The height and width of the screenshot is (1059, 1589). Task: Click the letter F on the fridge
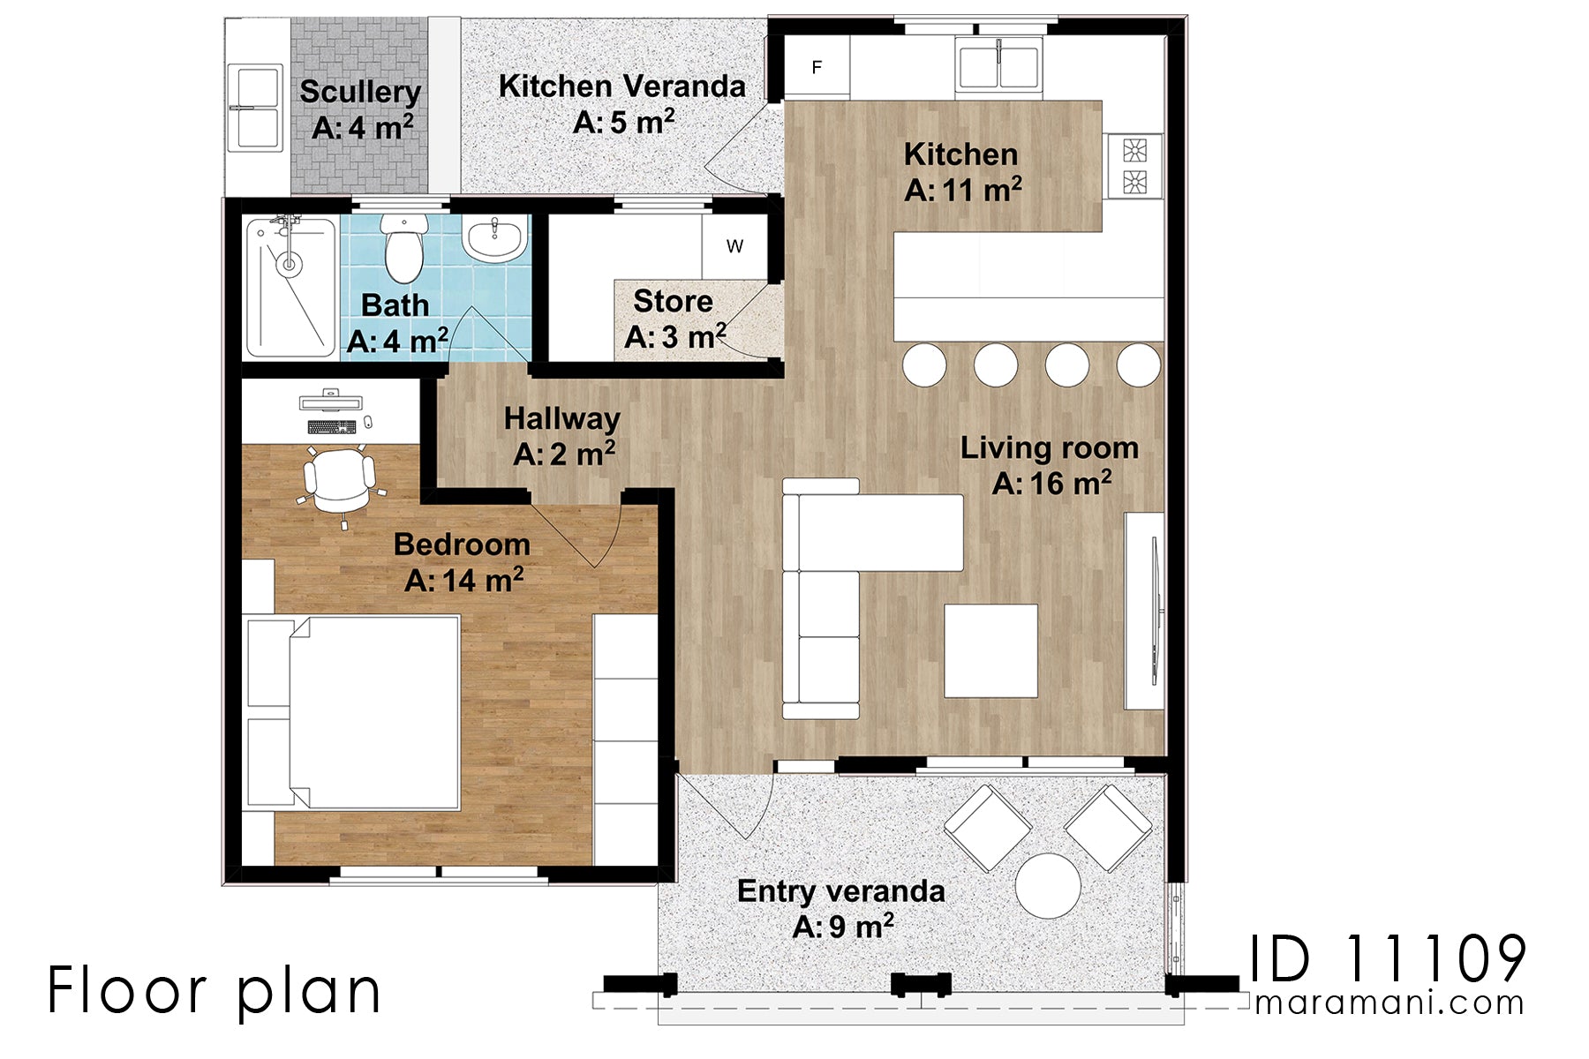coord(817,67)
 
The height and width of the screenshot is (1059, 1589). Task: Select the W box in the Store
coord(734,247)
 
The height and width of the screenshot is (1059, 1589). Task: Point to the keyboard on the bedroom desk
coord(332,427)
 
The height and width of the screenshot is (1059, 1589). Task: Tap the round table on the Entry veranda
coord(1048,885)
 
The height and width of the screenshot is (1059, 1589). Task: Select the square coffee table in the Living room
coord(990,650)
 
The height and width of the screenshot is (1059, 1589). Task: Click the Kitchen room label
coord(960,155)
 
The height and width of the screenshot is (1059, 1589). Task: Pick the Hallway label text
coord(561,418)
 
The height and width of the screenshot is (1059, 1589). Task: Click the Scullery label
coord(359,92)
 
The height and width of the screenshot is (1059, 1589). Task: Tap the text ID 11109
coord(1388,959)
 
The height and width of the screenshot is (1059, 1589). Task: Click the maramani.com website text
coord(1389,1003)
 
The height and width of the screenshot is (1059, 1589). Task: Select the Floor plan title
coord(214,991)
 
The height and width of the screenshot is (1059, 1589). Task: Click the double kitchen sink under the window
coord(998,67)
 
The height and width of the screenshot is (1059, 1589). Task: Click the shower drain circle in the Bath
coord(288,263)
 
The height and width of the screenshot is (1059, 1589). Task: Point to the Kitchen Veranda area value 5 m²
coord(623,122)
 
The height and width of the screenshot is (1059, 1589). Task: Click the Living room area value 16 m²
coord(1051,484)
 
